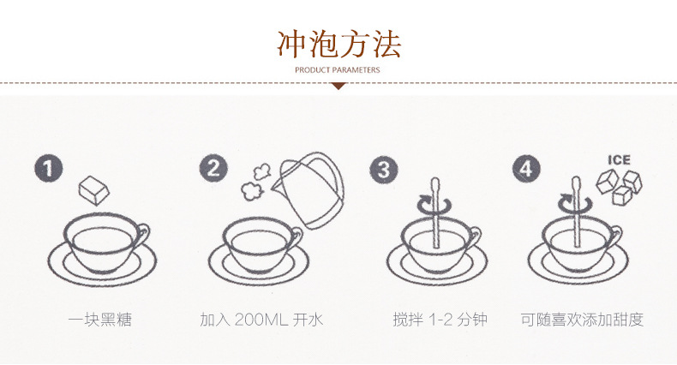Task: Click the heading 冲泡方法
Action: [x=339, y=44]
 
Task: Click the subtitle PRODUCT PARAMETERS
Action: [x=338, y=70]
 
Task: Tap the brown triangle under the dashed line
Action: [x=338, y=87]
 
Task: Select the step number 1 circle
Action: [x=48, y=168]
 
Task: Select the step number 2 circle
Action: [x=213, y=168]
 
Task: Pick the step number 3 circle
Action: [x=383, y=169]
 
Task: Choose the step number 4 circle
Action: [x=526, y=168]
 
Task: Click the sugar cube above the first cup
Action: [x=93, y=189]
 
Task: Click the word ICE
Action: [x=619, y=160]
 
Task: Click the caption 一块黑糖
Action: [x=99, y=320]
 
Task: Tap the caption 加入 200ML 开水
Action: [x=261, y=320]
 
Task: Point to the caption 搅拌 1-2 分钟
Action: [x=440, y=320]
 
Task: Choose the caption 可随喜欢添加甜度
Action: [x=583, y=320]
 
